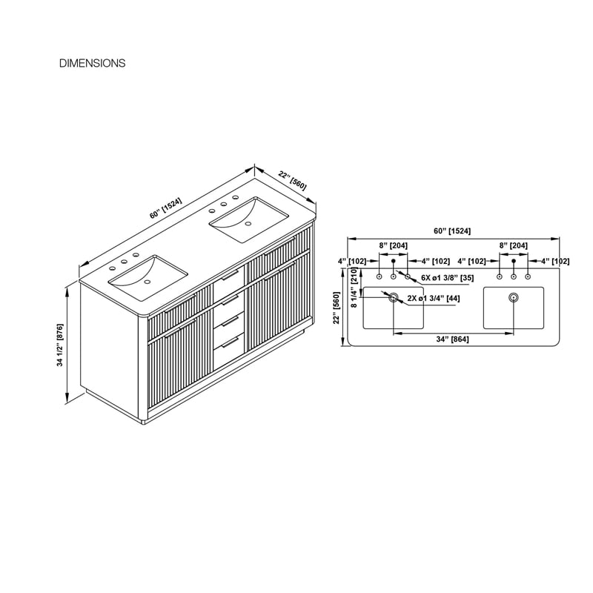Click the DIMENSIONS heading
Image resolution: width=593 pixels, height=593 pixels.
92,63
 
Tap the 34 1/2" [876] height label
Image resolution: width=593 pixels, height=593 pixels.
60,345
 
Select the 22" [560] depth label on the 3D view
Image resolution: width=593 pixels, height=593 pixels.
292,180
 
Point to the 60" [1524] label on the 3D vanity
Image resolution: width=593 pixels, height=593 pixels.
165,208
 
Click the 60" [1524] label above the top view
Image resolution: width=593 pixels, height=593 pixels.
452,231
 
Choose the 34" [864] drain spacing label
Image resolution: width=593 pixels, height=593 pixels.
452,339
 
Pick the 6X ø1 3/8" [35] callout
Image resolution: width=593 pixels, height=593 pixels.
448,278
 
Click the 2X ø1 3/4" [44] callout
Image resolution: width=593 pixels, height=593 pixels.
434,298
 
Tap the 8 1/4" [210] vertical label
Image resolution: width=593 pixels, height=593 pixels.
354,287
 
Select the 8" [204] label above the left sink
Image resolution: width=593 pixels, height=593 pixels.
394,245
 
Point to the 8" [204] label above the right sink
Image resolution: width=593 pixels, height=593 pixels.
513,245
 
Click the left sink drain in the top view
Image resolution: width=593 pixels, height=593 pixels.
394,297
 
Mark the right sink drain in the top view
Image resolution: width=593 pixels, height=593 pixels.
513,297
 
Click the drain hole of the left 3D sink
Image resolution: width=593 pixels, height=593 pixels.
148,282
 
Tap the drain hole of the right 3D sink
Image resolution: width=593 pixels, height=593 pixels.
248,224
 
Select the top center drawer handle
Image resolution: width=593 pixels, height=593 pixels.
231,276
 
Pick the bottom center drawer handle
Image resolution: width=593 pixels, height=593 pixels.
231,342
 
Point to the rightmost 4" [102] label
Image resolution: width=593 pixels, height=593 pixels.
555,261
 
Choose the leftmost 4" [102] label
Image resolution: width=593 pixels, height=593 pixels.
352,261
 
